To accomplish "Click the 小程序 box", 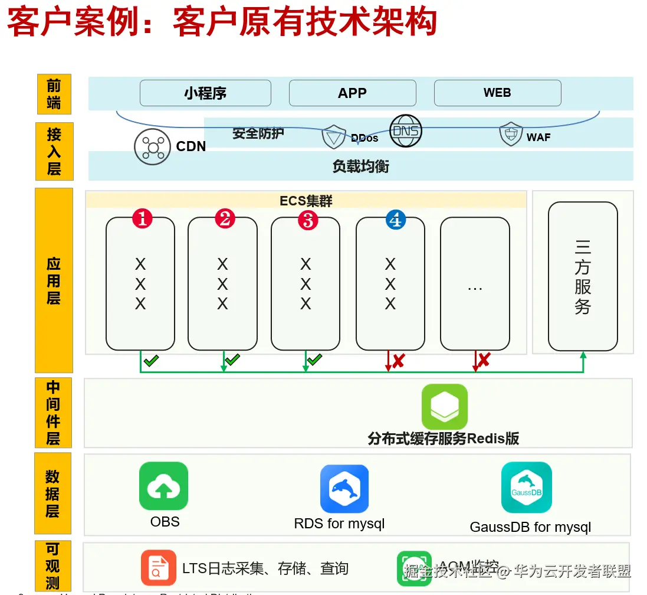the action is (205, 93).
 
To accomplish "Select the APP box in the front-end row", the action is (352, 93).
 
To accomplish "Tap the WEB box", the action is (497, 93).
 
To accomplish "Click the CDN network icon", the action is (152, 146).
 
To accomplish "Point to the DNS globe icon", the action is (406, 130).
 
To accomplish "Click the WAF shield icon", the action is (511, 134).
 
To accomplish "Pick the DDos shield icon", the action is (333, 137).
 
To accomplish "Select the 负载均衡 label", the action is (360, 166).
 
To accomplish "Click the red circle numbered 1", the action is (142, 219).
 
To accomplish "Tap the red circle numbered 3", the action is (307, 220).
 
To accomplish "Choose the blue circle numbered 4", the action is (395, 220).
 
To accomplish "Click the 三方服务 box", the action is (582, 276).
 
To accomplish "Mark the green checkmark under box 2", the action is (232, 359).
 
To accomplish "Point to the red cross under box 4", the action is (398, 360).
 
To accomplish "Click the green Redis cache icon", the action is (444, 407).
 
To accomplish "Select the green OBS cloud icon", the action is (163, 486).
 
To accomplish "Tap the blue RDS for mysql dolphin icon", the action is (344, 489).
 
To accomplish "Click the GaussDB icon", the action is (526, 488).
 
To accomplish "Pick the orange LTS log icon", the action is (158, 567).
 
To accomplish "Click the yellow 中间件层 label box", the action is (53, 413).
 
